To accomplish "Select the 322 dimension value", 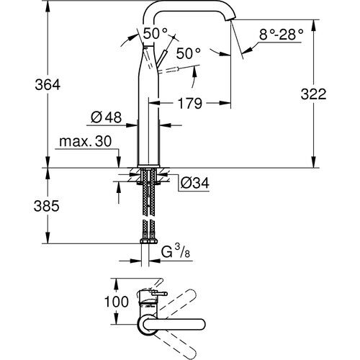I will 333,94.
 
